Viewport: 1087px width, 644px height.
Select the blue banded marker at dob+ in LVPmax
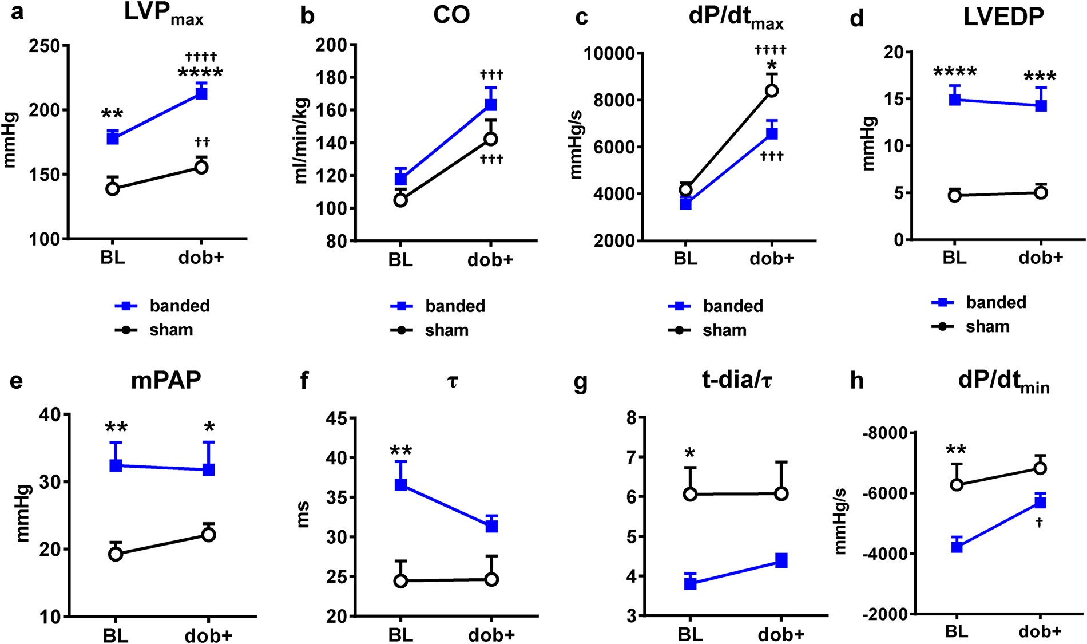tap(201, 93)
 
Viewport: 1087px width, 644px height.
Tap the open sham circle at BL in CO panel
tap(400, 200)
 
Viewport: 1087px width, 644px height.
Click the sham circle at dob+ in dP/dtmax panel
tap(772, 90)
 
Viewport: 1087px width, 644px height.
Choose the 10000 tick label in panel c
tap(609, 53)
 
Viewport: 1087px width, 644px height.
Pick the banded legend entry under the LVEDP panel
tap(995, 302)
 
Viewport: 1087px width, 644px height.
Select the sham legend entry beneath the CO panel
tap(446, 330)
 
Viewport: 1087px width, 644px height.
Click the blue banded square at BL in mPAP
tap(116, 465)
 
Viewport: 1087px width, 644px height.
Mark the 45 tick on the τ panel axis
tap(337, 418)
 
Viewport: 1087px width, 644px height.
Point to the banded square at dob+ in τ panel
tap(491, 526)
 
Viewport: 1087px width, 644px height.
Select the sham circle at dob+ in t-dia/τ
tap(781, 494)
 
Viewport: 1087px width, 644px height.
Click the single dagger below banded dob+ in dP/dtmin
tap(1040, 523)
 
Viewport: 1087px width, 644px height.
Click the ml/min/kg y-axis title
tap(301, 141)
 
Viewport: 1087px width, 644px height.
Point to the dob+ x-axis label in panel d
tap(1041, 258)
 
